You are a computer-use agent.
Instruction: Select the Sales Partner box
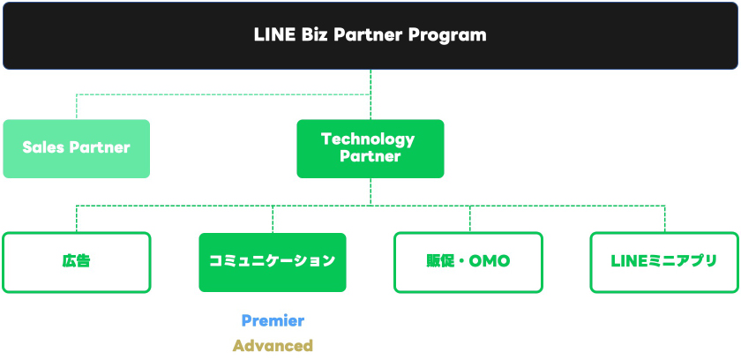point(76,148)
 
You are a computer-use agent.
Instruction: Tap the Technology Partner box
point(370,148)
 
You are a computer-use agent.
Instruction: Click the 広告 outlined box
point(76,261)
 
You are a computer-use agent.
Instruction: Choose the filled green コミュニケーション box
point(272,261)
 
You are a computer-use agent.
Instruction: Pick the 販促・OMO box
point(468,261)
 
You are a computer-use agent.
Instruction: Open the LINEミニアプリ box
point(663,261)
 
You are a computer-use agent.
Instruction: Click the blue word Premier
point(273,320)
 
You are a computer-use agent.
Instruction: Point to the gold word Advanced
point(273,345)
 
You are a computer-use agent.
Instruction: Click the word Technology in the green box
point(368,139)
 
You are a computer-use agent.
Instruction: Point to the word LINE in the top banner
point(274,35)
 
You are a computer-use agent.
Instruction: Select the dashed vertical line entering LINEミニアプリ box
point(664,218)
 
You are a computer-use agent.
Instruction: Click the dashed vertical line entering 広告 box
point(76,218)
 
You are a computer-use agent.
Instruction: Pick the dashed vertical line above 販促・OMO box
point(468,218)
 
